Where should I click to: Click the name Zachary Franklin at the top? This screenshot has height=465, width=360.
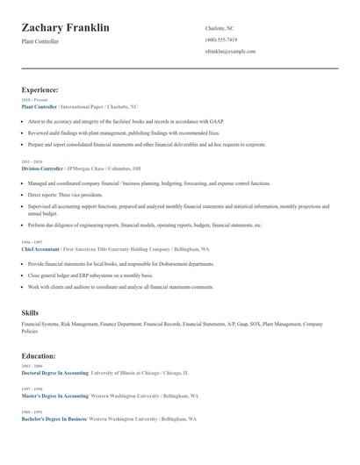tap(65, 28)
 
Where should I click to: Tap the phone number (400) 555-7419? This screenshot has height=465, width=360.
tap(220, 39)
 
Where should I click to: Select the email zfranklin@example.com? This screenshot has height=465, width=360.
tap(230, 51)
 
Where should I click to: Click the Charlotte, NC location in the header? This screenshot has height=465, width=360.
tap(220, 28)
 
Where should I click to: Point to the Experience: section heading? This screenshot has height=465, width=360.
tap(40, 89)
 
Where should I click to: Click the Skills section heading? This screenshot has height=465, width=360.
tap(30, 312)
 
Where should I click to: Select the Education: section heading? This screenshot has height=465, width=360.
tap(39, 356)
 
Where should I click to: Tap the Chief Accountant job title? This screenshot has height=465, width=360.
tap(40, 248)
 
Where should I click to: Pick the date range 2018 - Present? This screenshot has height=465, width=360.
tap(34, 100)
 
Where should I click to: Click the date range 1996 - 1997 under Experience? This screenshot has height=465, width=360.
tap(31, 242)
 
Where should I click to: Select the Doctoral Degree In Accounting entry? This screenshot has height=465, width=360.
tap(54, 373)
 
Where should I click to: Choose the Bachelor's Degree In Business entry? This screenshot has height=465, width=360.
tap(53, 418)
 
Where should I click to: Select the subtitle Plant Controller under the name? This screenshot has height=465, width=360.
tap(40, 41)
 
